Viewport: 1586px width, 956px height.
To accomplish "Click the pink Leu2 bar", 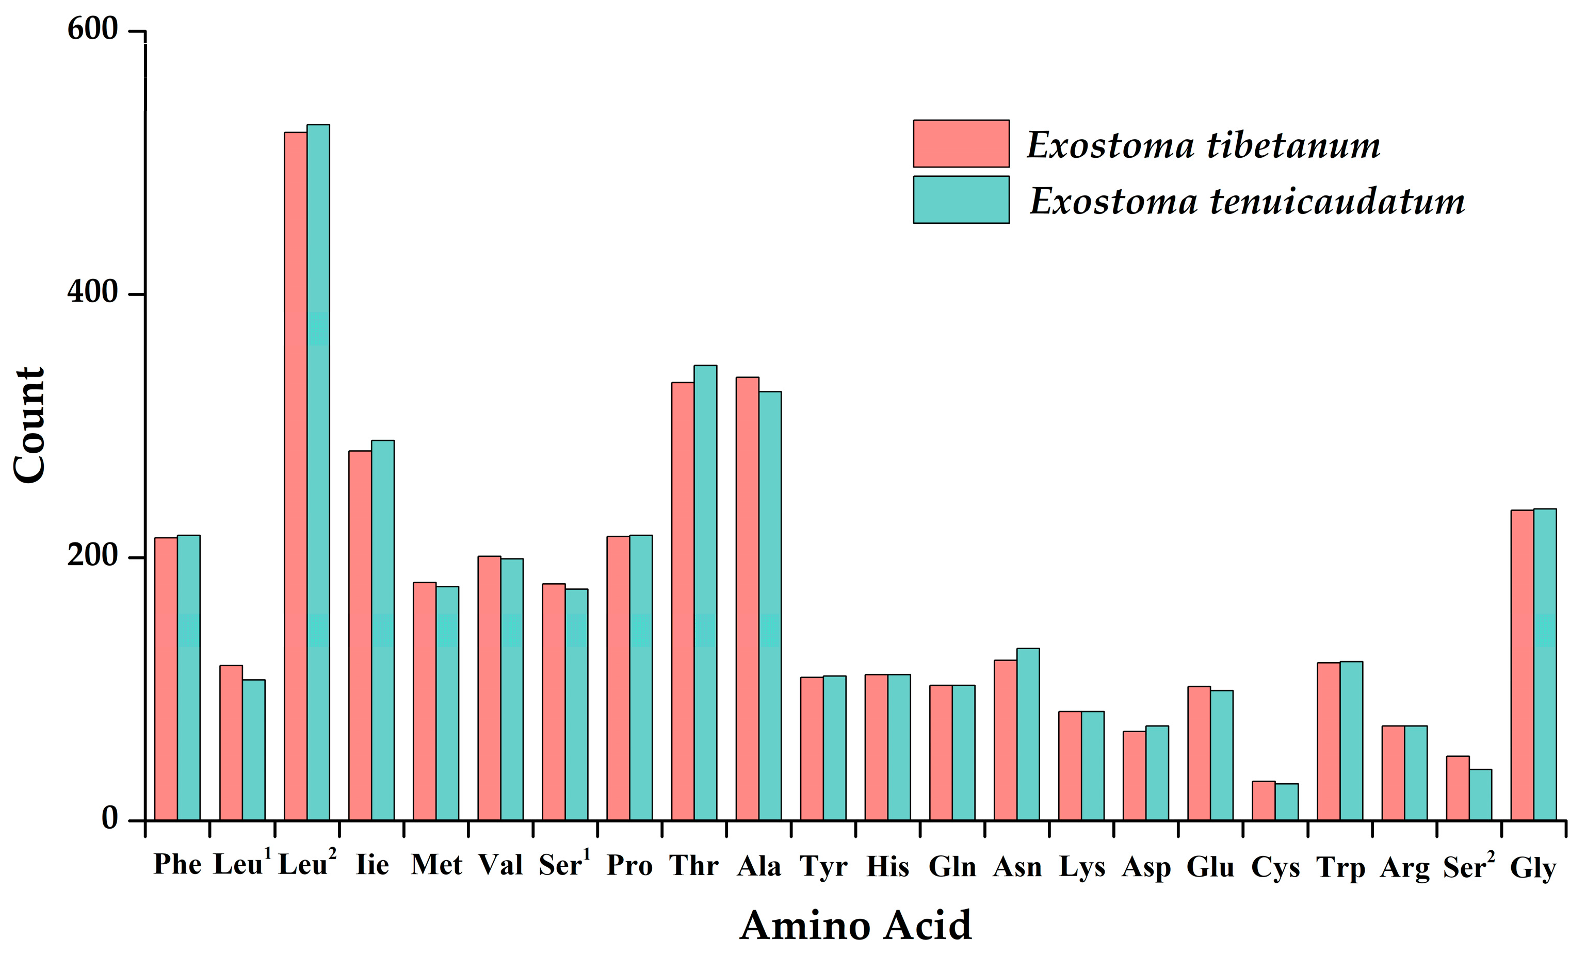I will (x=296, y=476).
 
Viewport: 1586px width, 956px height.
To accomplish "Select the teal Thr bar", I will (x=705, y=592).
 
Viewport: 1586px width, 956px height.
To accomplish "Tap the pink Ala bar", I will (x=747, y=598).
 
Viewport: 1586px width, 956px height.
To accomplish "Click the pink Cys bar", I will (x=1264, y=800).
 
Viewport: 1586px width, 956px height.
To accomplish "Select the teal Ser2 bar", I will (x=1480, y=795).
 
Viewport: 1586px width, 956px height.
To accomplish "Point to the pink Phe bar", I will (x=166, y=679).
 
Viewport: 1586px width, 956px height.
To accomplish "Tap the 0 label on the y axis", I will (x=109, y=818).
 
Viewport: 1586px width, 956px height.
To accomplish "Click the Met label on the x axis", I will (x=436, y=865).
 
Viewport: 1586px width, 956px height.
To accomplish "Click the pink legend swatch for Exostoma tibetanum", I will (x=961, y=143).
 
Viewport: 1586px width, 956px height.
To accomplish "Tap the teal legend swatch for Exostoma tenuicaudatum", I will (x=961, y=200).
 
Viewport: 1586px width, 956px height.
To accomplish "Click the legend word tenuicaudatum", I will (x=1337, y=202).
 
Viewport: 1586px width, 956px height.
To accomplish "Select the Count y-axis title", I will (x=29, y=424).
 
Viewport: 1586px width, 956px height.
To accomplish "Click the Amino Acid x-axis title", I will (x=855, y=926).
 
